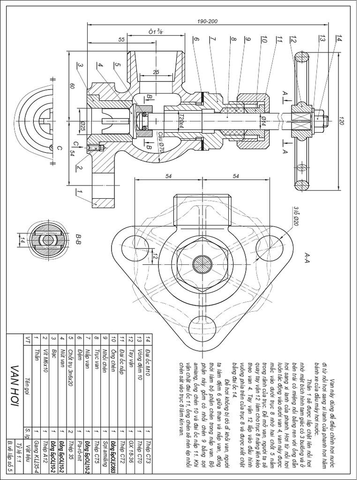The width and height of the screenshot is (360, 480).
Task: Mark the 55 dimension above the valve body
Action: point(121,41)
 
